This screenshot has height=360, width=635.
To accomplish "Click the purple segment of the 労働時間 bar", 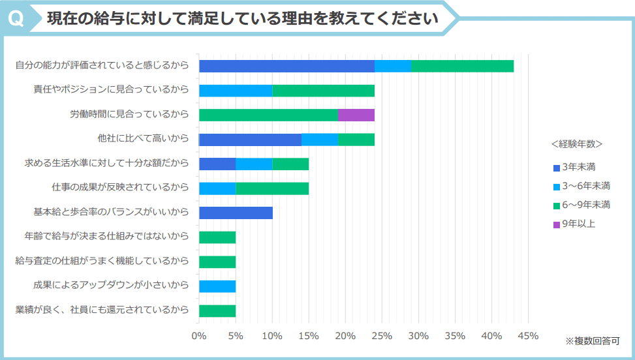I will (356, 115).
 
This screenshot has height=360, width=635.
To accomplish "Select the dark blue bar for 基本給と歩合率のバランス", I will (236, 213).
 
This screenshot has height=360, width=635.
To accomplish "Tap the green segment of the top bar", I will (462, 66).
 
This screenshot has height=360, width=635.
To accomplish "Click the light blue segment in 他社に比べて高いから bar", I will (319, 140).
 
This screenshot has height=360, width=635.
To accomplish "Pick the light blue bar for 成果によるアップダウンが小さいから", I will (217, 286).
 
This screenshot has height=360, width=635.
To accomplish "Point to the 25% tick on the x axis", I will (382, 336).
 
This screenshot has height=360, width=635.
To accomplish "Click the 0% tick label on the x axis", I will (199, 336).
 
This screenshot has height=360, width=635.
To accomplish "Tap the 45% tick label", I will (528, 336).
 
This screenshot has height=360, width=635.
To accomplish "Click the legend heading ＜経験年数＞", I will (576, 143).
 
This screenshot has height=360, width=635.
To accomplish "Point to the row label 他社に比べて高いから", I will (142, 138).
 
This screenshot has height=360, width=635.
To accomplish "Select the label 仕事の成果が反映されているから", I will (120, 188).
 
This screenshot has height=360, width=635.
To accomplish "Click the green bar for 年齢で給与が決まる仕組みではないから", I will (217, 237).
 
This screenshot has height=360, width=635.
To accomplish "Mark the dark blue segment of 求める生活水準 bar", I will (217, 164).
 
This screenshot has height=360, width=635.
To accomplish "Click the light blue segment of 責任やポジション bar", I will (236, 91).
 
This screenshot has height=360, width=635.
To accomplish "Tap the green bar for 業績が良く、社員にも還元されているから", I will (217, 310).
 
